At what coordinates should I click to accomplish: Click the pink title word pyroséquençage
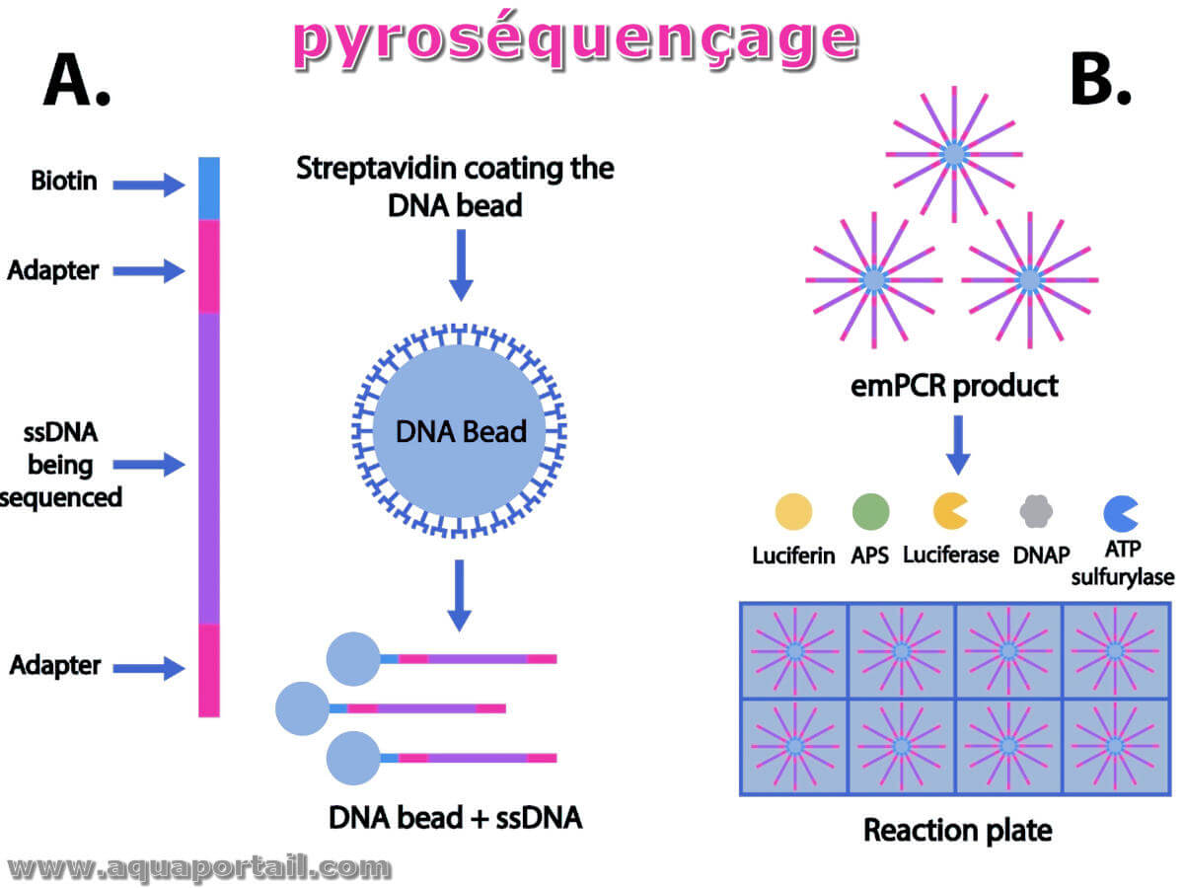click(575, 41)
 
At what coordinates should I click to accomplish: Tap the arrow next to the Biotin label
click(148, 185)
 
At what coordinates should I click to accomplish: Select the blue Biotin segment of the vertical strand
click(209, 188)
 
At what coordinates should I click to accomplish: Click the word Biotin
click(64, 181)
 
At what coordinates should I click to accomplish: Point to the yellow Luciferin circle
click(793, 511)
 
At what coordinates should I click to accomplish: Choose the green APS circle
click(870, 511)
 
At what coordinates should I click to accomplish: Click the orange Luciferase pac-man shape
click(949, 510)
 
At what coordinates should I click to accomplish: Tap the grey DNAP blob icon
click(1036, 511)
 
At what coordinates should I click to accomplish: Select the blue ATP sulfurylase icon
click(1120, 513)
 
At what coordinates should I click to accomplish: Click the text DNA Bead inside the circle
click(461, 431)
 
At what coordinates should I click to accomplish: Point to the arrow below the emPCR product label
click(957, 445)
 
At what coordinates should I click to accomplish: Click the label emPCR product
click(954, 386)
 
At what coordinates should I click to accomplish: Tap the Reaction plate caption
click(957, 830)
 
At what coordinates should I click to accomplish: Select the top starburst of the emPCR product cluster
click(954, 154)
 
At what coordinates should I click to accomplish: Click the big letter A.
click(77, 80)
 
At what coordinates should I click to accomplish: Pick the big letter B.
click(1100, 80)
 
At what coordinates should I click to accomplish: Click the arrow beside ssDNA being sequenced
click(148, 464)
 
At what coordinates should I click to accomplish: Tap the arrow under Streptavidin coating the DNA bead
click(461, 265)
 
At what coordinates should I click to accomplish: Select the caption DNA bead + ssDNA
click(455, 817)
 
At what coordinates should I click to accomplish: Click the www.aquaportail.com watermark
click(199, 868)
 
